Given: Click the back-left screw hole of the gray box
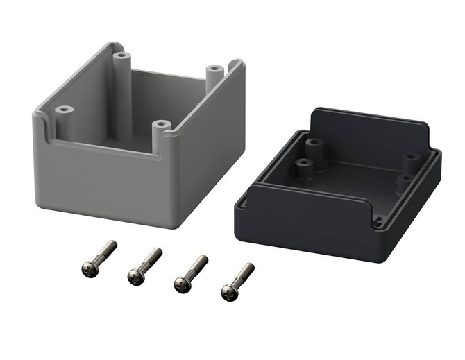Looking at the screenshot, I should coord(122,55).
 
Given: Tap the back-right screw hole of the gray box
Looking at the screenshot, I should coord(215,69).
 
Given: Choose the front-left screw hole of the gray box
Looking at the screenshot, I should coord(65,110).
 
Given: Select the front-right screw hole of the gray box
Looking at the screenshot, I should coord(161,126).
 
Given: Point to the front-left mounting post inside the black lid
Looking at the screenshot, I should coord(303,164).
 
